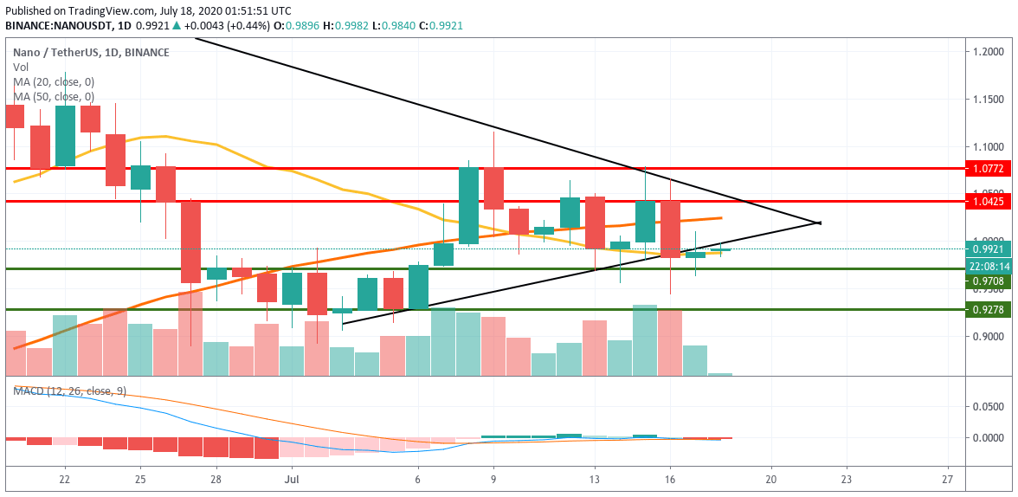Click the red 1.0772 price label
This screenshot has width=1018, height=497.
point(987,168)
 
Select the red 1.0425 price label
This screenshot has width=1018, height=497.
point(987,202)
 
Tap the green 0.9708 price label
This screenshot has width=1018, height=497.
point(987,281)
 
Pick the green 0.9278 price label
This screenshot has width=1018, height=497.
point(987,309)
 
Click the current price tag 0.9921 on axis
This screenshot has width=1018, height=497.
point(987,249)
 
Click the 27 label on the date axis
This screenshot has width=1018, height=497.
point(949,478)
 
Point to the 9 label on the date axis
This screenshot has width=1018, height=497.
point(493,478)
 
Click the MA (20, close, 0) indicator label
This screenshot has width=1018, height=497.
point(54,81)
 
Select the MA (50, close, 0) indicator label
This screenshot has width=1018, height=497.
point(54,96)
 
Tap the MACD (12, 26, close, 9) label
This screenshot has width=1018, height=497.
point(69,391)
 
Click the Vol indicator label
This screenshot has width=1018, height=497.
point(20,67)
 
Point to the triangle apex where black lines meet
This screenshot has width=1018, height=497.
point(819,223)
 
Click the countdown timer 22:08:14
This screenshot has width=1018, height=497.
point(988,267)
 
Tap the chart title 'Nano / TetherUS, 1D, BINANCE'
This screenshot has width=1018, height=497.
point(91,53)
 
